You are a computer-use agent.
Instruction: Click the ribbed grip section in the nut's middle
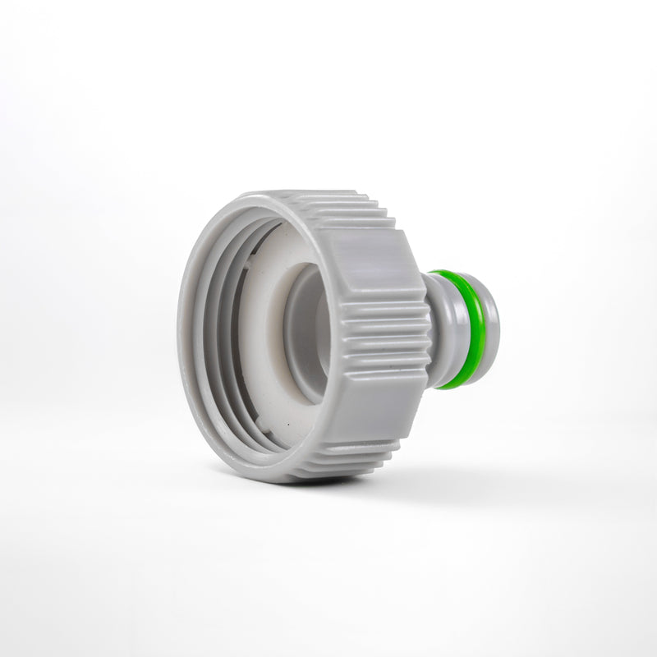pyautogui.click(x=386, y=337)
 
